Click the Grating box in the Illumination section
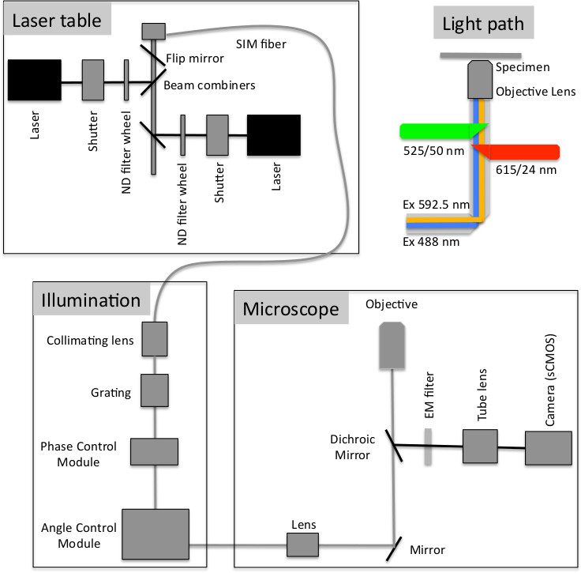pos(155,388)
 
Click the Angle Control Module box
pos(156,534)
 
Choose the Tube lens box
pos(480,447)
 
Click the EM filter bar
pos(429,447)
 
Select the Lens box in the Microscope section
pos(302,545)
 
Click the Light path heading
pos(483,24)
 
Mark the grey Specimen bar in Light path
pos(480,55)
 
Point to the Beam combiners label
pos(209,85)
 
